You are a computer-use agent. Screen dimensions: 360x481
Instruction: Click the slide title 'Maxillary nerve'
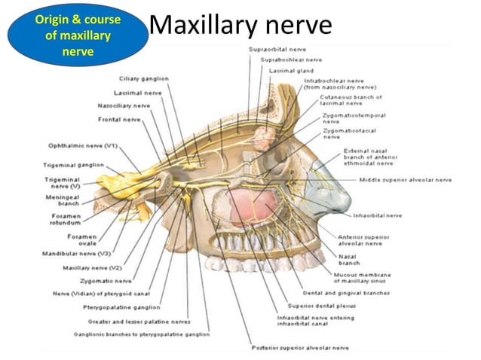pos(240,26)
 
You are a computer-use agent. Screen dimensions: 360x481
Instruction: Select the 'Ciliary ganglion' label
pos(144,78)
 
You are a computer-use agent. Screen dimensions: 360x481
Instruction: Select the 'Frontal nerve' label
pos(119,119)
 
